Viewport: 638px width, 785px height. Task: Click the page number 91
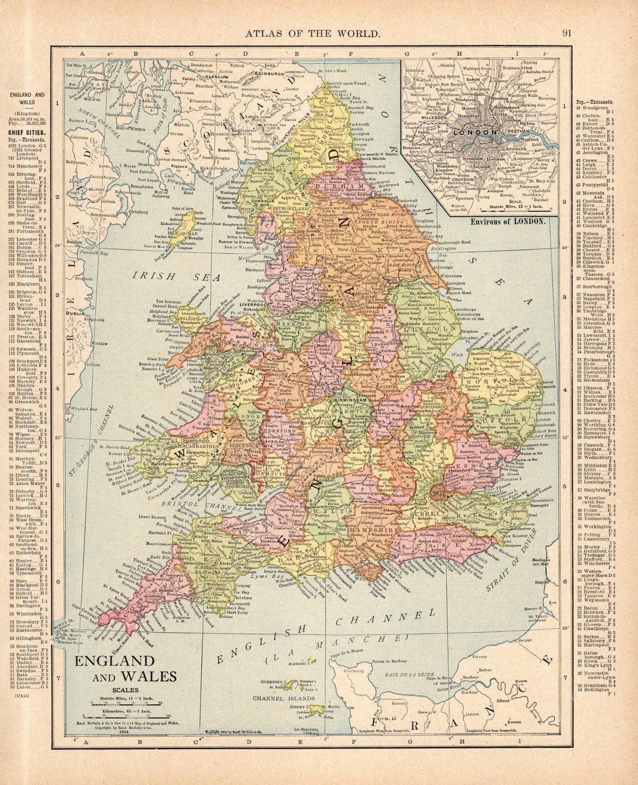[x=567, y=34]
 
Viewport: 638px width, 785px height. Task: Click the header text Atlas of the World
[x=313, y=34]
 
